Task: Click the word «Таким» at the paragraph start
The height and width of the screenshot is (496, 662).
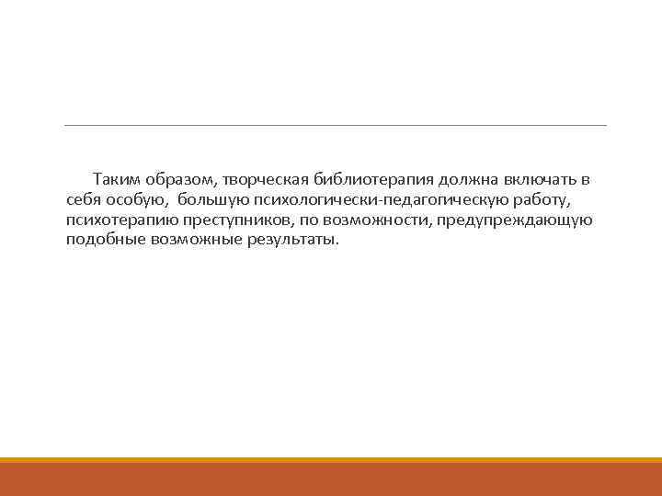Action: tap(115, 178)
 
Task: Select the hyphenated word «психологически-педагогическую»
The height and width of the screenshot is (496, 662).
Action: tap(390, 198)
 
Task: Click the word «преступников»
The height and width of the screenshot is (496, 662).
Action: tap(234, 220)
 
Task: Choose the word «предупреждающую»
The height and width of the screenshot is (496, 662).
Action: tap(515, 220)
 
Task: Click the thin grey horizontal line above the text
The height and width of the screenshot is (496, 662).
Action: tap(336, 125)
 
